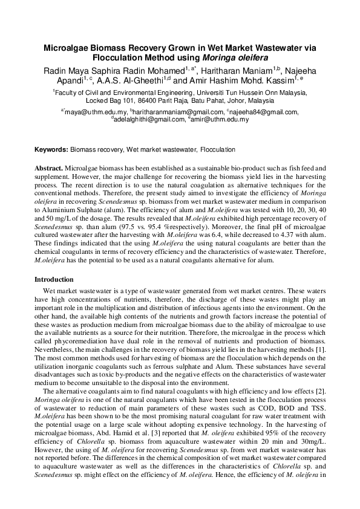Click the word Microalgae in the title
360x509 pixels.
[x=66, y=47]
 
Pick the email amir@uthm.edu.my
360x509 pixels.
[x=220, y=120]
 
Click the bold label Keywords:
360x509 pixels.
[x=51, y=149]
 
